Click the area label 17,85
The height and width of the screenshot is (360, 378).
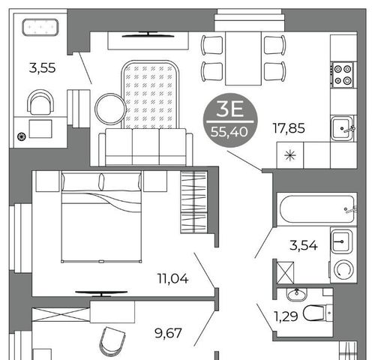[289, 128]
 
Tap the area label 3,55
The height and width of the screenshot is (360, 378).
[42, 68]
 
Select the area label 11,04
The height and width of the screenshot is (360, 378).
[172, 278]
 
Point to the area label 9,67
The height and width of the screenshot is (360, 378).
[168, 333]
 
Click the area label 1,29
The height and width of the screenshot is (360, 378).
[286, 316]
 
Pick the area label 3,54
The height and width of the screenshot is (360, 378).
[304, 245]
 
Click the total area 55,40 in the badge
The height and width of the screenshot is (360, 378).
[229, 131]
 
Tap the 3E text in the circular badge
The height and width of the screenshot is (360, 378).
[229, 109]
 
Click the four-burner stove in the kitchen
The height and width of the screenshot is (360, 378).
[343, 75]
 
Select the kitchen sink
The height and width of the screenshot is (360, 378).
[342, 128]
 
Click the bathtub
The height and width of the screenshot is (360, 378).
[317, 209]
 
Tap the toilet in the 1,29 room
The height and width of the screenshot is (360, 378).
[317, 313]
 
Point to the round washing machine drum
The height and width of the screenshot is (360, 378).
[343, 270]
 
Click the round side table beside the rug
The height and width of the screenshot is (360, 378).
[110, 109]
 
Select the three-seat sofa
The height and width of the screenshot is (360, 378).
[145, 147]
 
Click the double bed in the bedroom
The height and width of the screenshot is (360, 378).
[101, 217]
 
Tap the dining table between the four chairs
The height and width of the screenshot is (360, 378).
[243, 58]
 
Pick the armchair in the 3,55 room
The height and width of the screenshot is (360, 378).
[40, 102]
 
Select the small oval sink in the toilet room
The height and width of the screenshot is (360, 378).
[296, 295]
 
